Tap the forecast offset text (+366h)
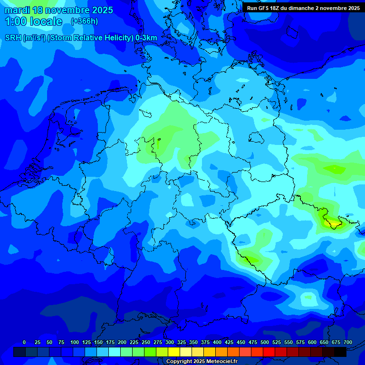[x=84, y=21]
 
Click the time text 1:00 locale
[x=34, y=21]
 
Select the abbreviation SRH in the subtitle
[x=13, y=38]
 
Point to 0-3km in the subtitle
[x=146, y=38]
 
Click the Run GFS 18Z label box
[x=303, y=8]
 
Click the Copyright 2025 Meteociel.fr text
[x=202, y=361]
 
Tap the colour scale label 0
[x=24, y=342]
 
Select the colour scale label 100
[x=75, y=342]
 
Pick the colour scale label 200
[x=122, y=342]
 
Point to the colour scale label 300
[x=170, y=342]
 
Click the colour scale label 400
[x=217, y=342]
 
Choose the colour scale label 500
[x=265, y=342]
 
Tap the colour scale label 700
[x=348, y=342]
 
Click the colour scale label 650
[x=324, y=342]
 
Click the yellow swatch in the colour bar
[x=174, y=352]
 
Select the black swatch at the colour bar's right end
[x=340, y=352]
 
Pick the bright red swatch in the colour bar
[x=269, y=352]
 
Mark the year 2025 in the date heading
[x=101, y=10]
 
